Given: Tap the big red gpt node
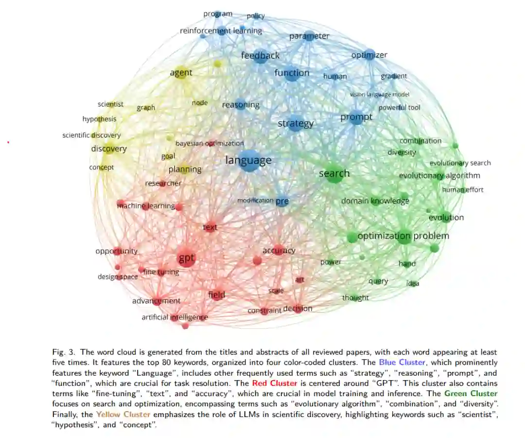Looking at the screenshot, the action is pyautogui.click(x=186, y=258).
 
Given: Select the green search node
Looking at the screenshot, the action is pyautogui.click(x=335, y=174).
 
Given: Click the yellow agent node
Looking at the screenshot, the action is pyautogui.click(x=181, y=73).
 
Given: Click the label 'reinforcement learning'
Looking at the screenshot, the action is pyautogui.click(x=221, y=31).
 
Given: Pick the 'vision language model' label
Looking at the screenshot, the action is pyautogui.click(x=380, y=94).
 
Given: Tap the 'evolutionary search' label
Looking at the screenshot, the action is pyautogui.click(x=460, y=163).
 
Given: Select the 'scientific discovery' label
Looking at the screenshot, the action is pyautogui.click(x=91, y=135).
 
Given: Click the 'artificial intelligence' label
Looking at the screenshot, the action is pyautogui.click(x=175, y=317).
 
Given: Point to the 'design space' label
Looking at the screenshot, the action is pyautogui.click(x=118, y=277).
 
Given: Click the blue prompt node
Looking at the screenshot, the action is pyautogui.click(x=357, y=118).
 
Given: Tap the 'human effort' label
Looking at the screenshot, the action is pyautogui.click(x=462, y=190).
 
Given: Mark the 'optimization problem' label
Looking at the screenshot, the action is pyautogui.click(x=403, y=237).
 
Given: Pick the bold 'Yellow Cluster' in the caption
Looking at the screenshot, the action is pyautogui.click(x=123, y=414).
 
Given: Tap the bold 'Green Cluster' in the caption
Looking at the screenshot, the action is pyautogui.click(x=470, y=393).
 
